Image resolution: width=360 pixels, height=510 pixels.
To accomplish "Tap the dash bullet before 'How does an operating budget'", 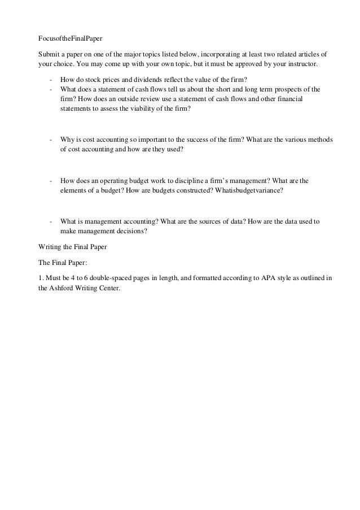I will (x=51, y=181).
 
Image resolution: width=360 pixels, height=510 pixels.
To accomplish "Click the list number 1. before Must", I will (x=40, y=278).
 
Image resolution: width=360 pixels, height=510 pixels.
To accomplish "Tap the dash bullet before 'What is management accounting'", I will (x=51, y=222).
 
